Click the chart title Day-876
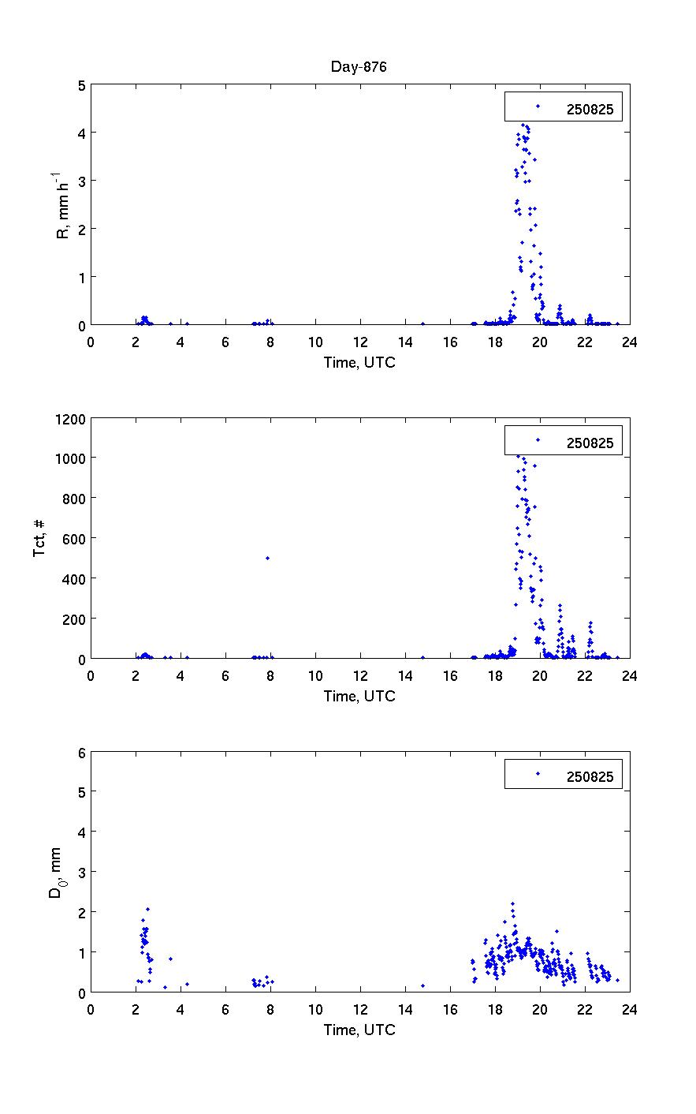coord(359,67)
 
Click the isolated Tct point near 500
coord(268,558)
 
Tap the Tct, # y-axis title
coord(39,538)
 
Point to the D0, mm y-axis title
coord(56,873)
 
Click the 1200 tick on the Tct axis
coord(69,419)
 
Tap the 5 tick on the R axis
coord(80,84)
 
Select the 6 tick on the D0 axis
coord(80,752)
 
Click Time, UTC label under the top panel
coord(359,362)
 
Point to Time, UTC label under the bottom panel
coord(359,1030)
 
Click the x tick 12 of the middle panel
coord(360,675)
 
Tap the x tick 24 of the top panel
coord(629,342)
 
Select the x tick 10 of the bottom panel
coord(315,1009)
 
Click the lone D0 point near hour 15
coord(423,985)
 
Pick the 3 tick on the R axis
coord(80,181)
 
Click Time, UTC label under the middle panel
coord(359,696)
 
